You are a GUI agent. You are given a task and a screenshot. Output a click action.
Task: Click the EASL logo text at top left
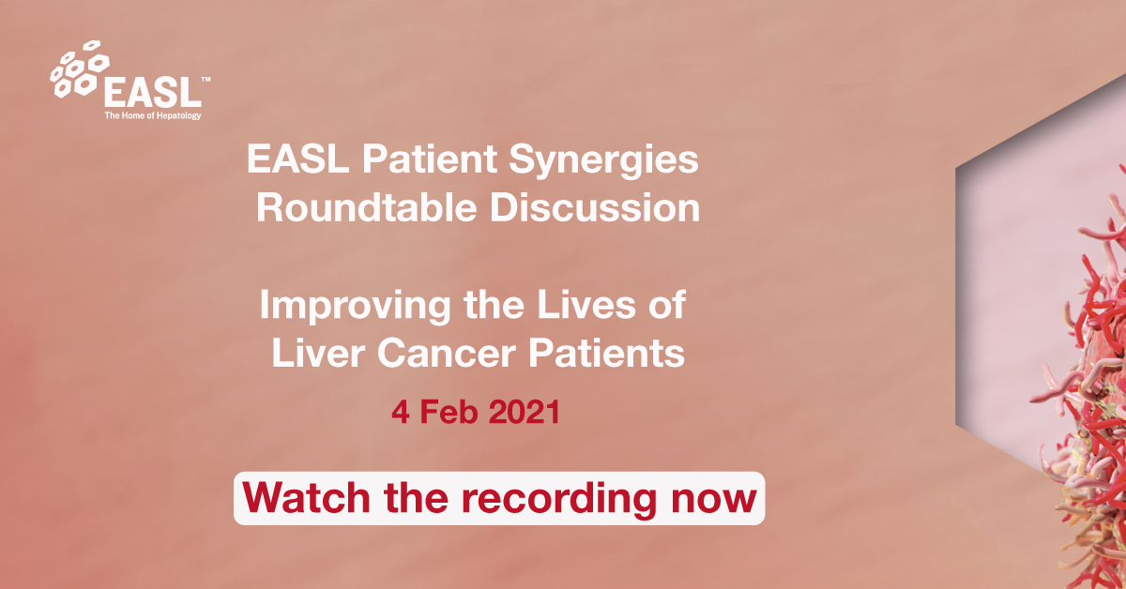click(x=152, y=92)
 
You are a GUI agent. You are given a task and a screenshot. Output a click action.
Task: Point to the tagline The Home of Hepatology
click(x=152, y=115)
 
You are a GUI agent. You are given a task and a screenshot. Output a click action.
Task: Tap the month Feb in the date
click(x=444, y=413)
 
